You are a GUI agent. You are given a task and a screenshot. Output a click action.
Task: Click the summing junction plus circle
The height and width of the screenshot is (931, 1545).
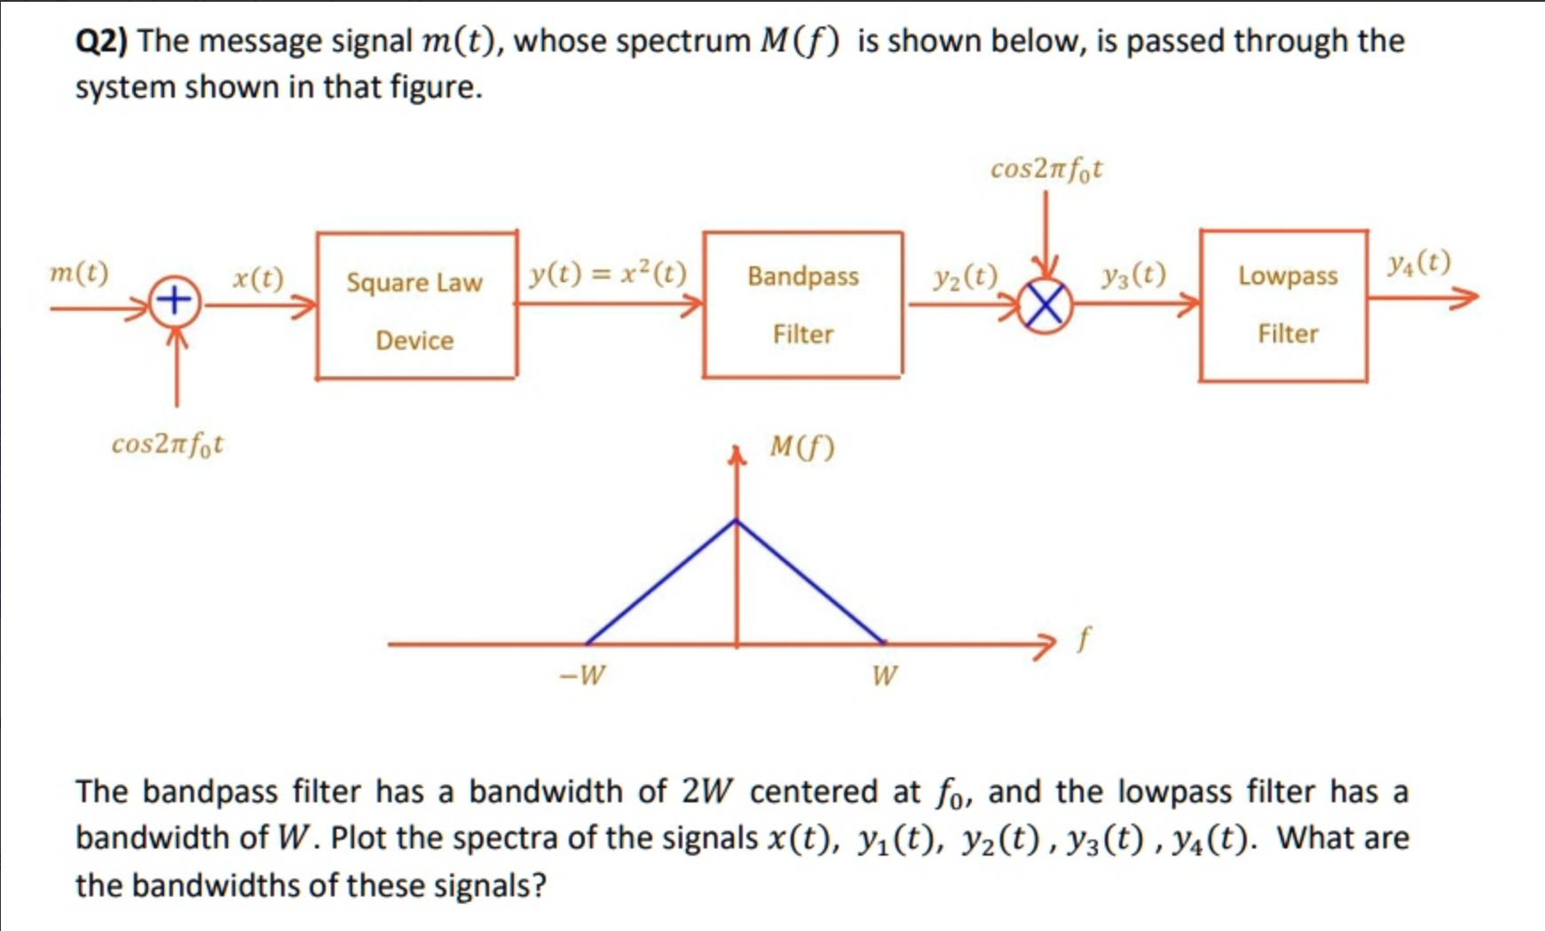click(x=175, y=300)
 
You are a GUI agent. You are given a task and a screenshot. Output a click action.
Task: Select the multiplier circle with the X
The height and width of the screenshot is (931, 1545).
click(x=1045, y=307)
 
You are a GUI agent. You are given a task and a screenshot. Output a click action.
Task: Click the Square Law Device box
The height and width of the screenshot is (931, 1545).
click(x=416, y=306)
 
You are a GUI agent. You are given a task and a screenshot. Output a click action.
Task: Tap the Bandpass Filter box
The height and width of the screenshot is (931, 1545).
click(x=802, y=304)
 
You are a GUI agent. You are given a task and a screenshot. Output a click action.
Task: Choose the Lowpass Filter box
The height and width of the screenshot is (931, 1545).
click(x=1283, y=305)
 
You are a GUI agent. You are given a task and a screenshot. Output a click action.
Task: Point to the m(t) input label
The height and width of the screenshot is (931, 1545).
click(x=79, y=272)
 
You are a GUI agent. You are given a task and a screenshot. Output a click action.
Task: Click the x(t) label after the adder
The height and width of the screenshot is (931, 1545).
click(x=258, y=279)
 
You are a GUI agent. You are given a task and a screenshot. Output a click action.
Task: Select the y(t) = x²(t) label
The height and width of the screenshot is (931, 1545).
click(x=608, y=274)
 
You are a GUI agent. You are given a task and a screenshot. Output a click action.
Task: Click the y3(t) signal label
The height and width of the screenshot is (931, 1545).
click(x=1133, y=275)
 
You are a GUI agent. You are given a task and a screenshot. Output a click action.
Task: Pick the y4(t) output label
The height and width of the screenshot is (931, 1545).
click(x=1419, y=262)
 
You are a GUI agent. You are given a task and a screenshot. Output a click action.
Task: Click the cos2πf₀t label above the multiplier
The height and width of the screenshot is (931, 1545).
click(x=1045, y=169)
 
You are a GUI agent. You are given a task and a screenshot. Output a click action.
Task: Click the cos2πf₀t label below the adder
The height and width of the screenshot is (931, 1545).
click(x=167, y=444)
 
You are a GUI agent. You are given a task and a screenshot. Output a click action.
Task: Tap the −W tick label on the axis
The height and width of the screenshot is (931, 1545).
click(x=582, y=675)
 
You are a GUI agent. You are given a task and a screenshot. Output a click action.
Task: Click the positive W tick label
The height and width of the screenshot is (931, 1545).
click(x=884, y=676)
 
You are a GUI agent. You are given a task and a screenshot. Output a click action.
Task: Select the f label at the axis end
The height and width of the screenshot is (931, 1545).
click(x=1083, y=638)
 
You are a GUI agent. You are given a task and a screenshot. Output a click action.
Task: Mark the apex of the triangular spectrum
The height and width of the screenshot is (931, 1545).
click(x=737, y=521)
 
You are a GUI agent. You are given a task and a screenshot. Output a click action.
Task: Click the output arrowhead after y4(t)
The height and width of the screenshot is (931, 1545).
click(x=1466, y=298)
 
